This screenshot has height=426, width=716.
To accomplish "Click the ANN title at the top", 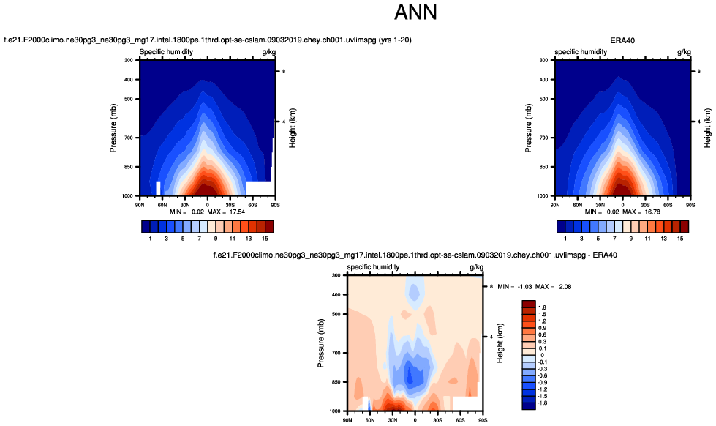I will click(x=415, y=12).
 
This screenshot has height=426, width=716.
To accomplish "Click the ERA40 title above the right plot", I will click(x=622, y=40).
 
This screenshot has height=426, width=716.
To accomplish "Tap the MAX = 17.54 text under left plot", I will click(x=225, y=211).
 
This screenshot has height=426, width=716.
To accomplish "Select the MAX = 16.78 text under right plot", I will click(x=641, y=211).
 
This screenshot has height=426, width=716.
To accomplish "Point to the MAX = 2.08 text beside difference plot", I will click(x=554, y=286).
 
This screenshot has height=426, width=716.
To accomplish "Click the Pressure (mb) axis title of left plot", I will click(x=113, y=128).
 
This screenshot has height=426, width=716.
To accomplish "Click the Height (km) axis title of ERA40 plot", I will click(x=707, y=128).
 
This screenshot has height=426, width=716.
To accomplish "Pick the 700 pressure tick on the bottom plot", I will click(x=336, y=353).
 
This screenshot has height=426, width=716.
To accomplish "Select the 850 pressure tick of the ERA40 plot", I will click(x=544, y=168).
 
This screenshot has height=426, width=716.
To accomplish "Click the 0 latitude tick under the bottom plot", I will click(x=415, y=420).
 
